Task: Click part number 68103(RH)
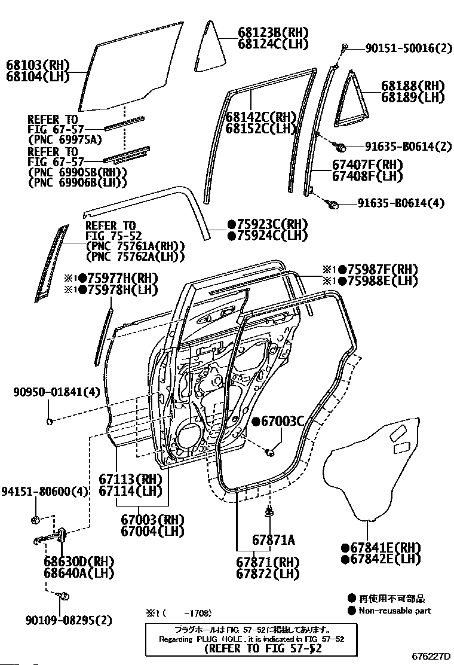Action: point(38,65)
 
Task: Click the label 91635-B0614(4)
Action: point(401,203)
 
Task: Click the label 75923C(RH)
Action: point(267,224)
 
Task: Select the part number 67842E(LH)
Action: point(381,559)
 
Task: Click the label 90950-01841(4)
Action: point(49,392)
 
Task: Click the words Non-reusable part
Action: point(394,611)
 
